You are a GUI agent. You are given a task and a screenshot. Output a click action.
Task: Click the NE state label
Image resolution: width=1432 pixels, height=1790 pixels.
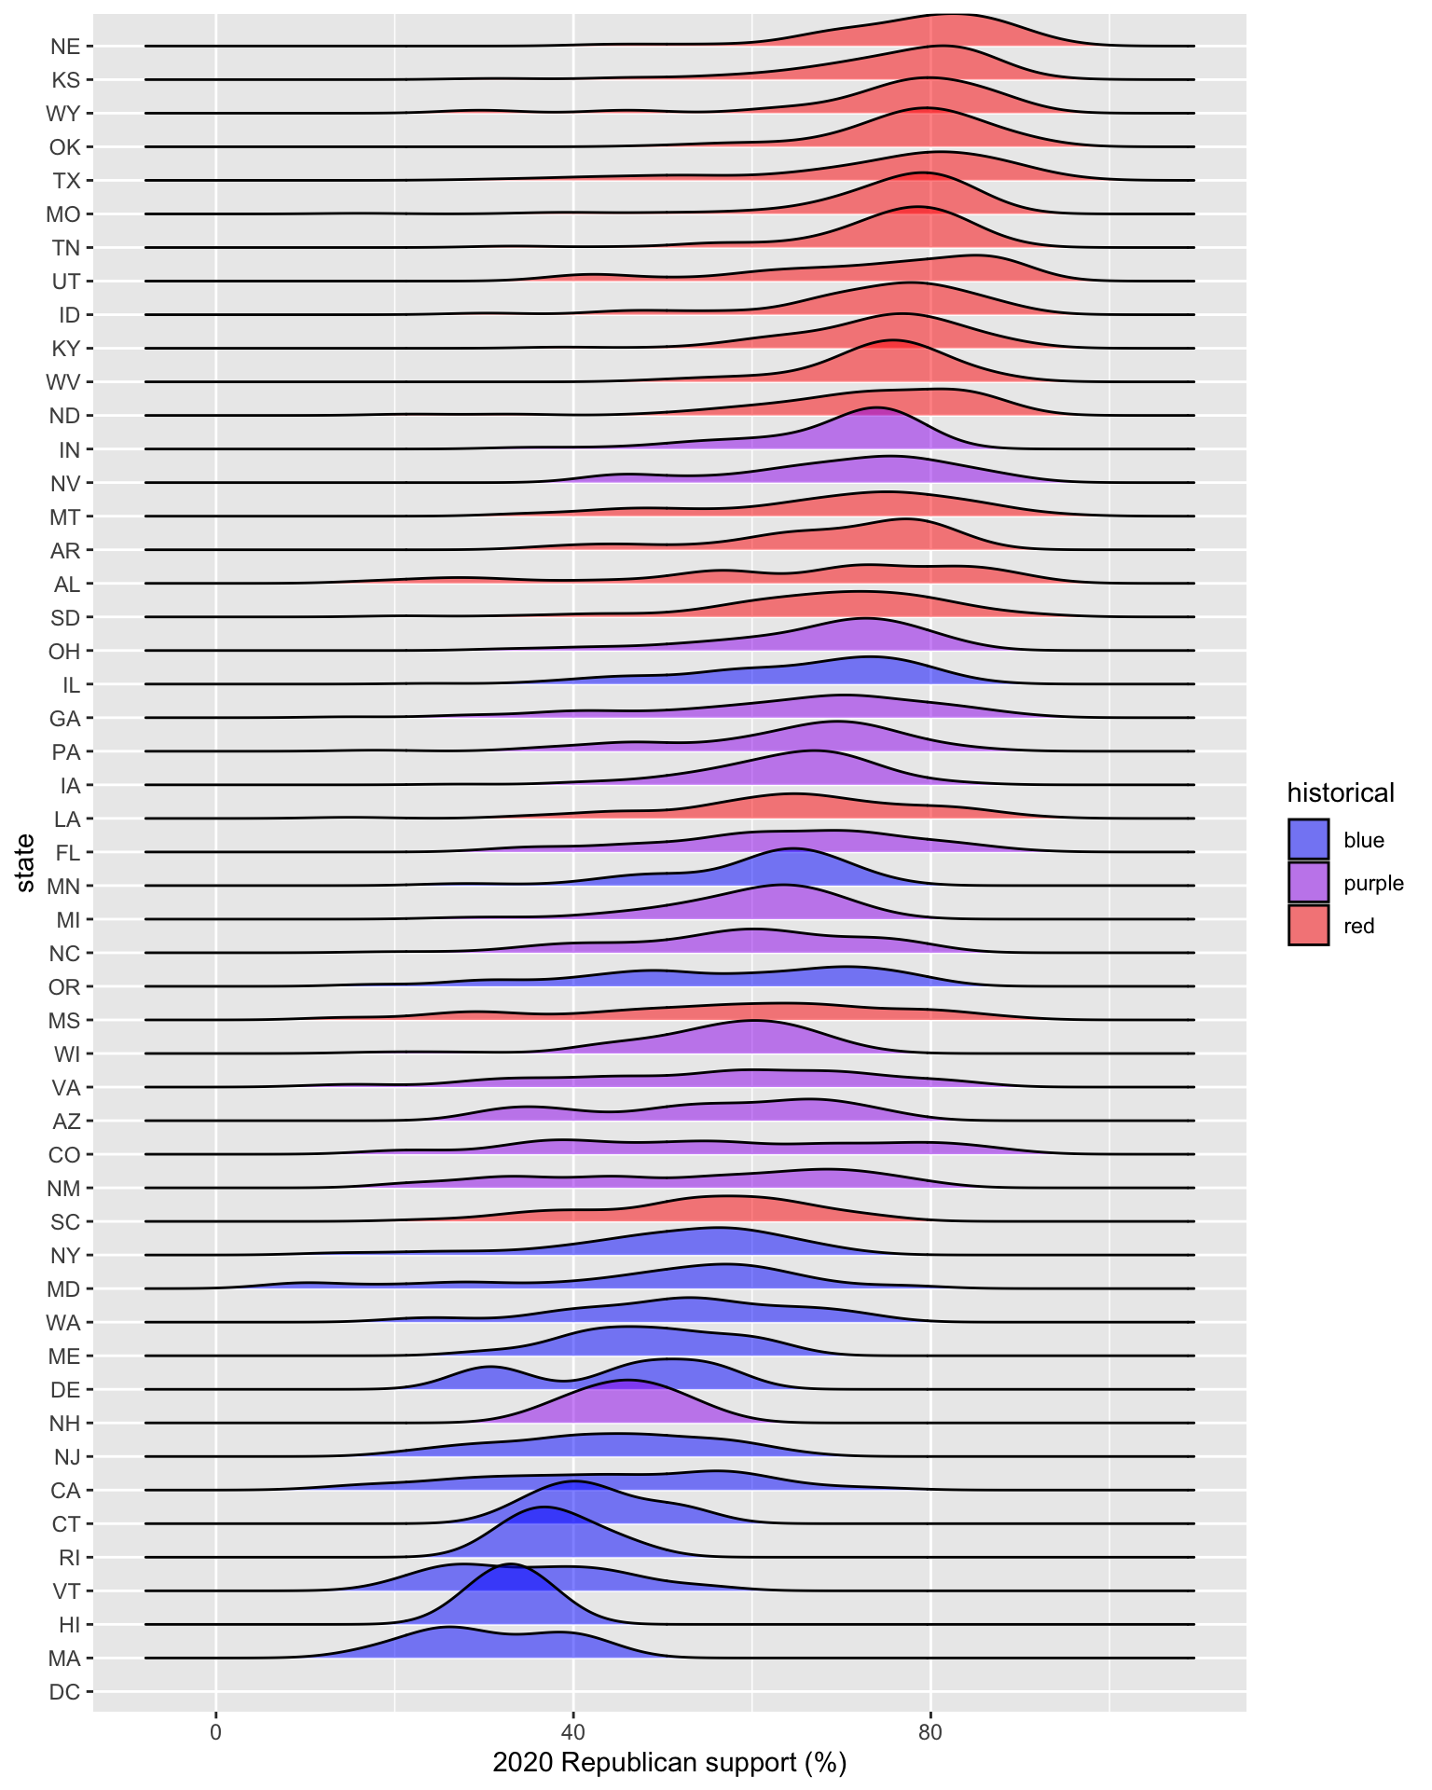click(x=65, y=47)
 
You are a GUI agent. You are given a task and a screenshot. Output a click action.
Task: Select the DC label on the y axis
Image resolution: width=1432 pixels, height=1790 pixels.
click(x=64, y=1692)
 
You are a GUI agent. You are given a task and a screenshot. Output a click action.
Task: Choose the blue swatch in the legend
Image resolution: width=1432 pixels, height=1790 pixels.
click(x=1308, y=840)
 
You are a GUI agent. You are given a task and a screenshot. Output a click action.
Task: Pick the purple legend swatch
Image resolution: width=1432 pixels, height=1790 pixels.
click(x=1308, y=882)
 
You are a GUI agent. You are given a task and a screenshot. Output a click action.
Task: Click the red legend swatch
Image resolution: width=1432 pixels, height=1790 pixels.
click(x=1308, y=926)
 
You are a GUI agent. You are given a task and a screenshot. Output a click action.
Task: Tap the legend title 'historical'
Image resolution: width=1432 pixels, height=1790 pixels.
click(x=1341, y=793)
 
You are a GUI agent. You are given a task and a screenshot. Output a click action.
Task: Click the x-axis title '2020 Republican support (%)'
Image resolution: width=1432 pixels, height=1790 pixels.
click(x=669, y=1763)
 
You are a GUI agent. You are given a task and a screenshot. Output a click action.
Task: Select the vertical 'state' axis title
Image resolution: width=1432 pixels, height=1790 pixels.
click(x=25, y=863)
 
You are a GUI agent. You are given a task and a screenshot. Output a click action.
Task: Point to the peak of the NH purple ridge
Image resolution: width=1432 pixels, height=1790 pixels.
click(x=627, y=1381)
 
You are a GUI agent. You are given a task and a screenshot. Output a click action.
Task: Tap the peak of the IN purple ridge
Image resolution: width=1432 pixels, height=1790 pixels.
click(x=875, y=408)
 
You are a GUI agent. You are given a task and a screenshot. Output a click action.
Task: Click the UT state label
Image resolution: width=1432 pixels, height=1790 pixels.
click(x=65, y=282)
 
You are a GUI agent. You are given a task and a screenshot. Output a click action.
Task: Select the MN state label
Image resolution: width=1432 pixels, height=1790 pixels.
click(x=63, y=887)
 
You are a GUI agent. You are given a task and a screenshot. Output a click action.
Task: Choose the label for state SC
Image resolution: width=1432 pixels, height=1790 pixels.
click(x=65, y=1222)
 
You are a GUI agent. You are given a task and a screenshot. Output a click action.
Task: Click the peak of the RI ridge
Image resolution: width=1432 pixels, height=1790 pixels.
click(x=544, y=1508)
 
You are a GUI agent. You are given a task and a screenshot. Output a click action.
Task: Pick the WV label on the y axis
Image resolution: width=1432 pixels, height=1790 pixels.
click(x=63, y=382)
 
